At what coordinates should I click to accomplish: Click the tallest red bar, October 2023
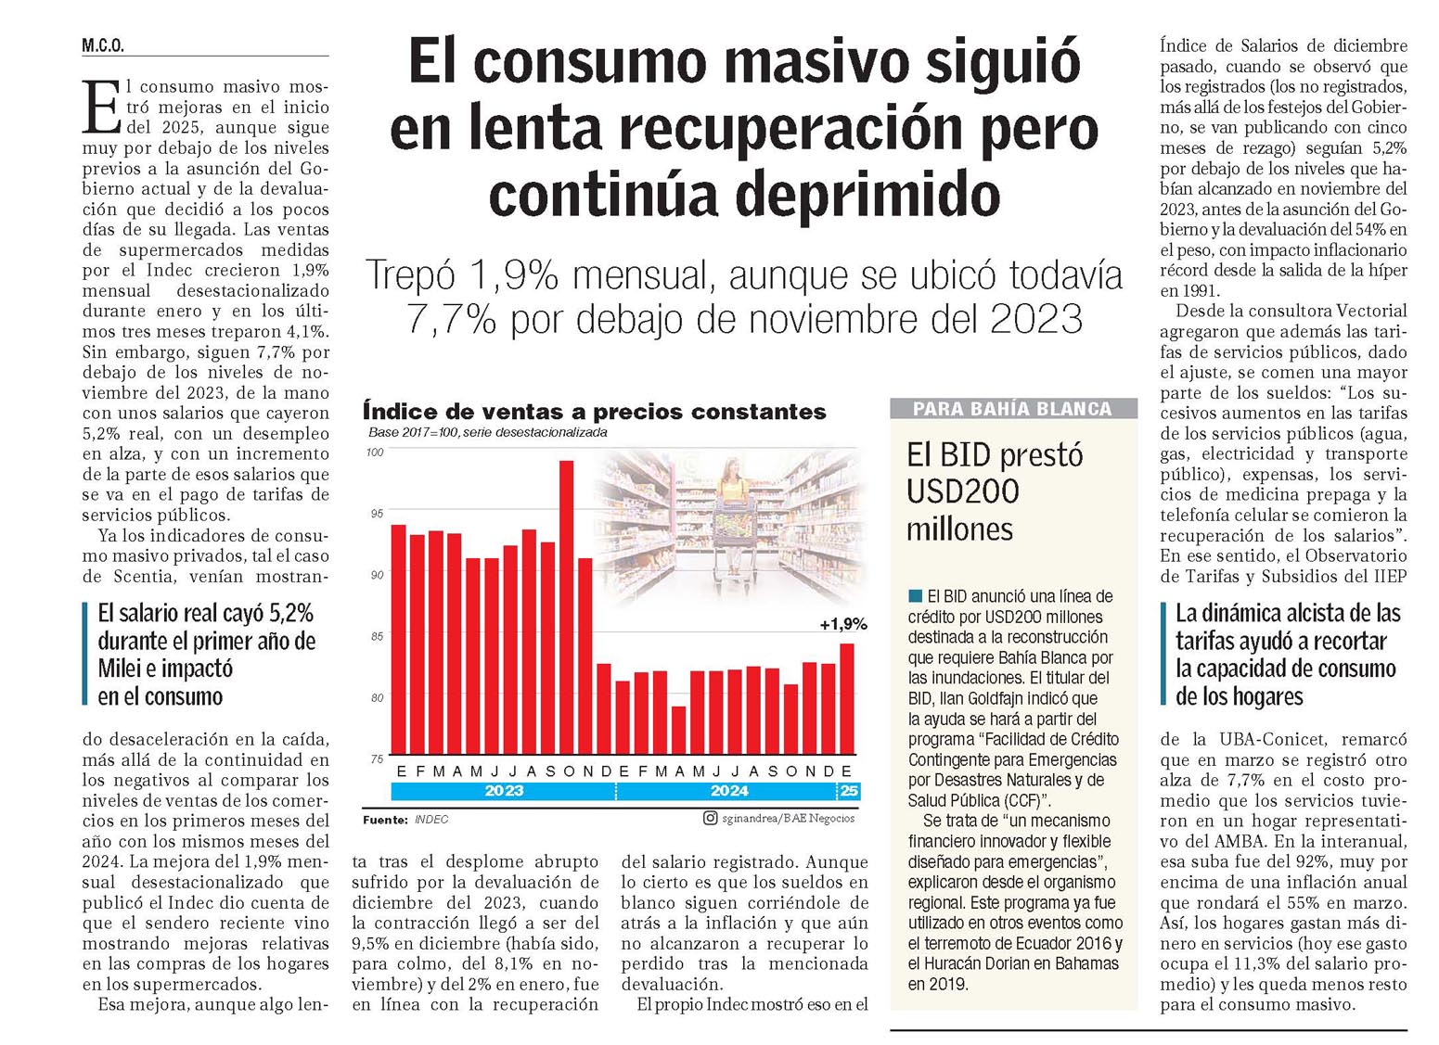[566, 607]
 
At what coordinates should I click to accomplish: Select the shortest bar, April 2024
[678, 730]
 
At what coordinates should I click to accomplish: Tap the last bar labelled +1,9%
[847, 698]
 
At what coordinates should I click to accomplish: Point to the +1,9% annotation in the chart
[842, 624]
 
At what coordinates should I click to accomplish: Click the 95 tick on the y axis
[377, 514]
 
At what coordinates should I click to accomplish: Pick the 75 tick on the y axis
[377, 759]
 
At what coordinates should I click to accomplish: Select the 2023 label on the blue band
[504, 791]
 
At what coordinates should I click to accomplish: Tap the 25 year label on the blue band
[849, 791]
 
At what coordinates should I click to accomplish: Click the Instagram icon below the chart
[710, 818]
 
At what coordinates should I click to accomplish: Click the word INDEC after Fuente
[431, 820]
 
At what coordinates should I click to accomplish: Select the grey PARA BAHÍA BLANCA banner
[1013, 409]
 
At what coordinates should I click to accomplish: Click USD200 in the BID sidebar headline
[962, 491]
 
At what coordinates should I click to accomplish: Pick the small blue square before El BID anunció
[915, 595]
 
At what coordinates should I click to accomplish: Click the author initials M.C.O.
[103, 46]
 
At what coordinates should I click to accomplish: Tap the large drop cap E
[101, 107]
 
